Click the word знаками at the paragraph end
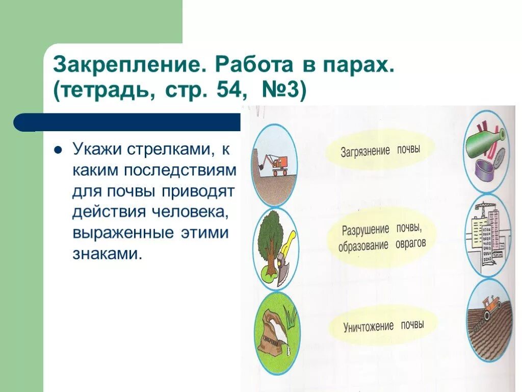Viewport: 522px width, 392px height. (106, 254)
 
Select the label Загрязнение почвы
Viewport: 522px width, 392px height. (380, 150)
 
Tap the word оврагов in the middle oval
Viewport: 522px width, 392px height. (410, 244)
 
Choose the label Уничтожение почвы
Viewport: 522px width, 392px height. (383, 326)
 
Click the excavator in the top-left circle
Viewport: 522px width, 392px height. (278, 163)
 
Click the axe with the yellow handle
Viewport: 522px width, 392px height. (285, 255)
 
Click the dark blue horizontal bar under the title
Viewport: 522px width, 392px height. (127, 122)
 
